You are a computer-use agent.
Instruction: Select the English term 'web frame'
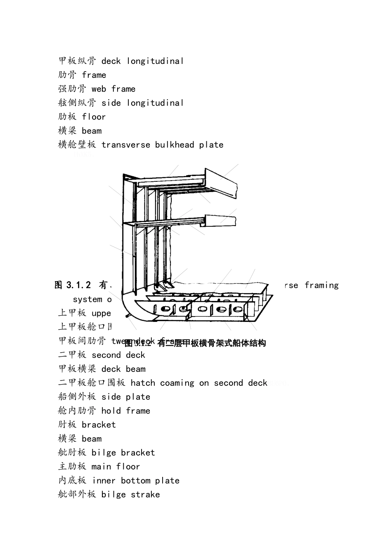click(x=113, y=89)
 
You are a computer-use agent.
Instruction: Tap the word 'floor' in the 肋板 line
click(x=94, y=117)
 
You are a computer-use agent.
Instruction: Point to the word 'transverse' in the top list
click(x=125, y=145)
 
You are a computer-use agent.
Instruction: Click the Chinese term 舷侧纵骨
click(x=77, y=103)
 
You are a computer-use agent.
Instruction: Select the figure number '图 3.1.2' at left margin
click(x=73, y=285)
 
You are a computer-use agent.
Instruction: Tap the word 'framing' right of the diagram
click(x=321, y=285)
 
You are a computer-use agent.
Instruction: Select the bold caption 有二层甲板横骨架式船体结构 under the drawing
click(x=212, y=343)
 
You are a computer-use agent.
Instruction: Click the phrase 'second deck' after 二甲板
click(x=118, y=355)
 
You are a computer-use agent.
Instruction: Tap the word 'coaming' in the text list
click(x=177, y=383)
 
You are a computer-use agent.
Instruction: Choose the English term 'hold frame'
click(x=126, y=411)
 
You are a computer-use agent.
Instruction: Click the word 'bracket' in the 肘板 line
click(x=99, y=425)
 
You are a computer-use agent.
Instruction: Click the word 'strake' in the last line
click(x=145, y=495)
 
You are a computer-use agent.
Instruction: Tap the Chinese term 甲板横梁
click(x=77, y=369)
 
